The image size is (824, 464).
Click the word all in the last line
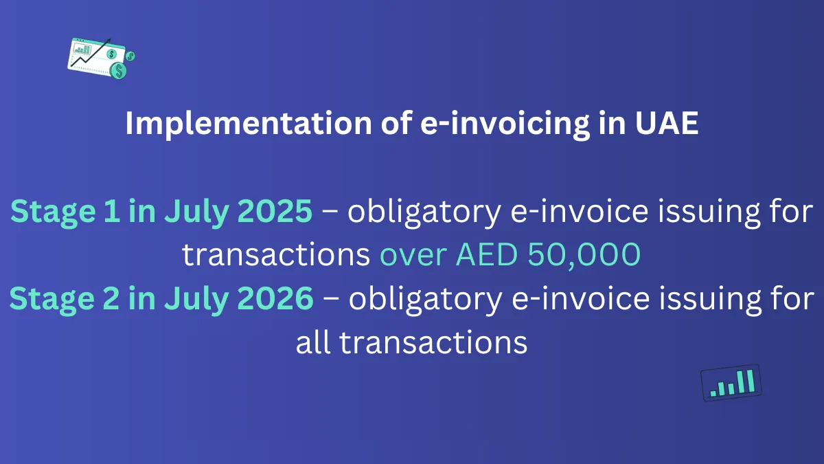313,342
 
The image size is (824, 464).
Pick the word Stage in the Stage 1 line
47,212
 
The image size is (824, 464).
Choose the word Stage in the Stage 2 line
47,299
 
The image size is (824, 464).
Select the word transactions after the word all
433,342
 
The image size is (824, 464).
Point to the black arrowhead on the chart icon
109,43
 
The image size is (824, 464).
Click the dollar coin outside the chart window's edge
130,56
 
